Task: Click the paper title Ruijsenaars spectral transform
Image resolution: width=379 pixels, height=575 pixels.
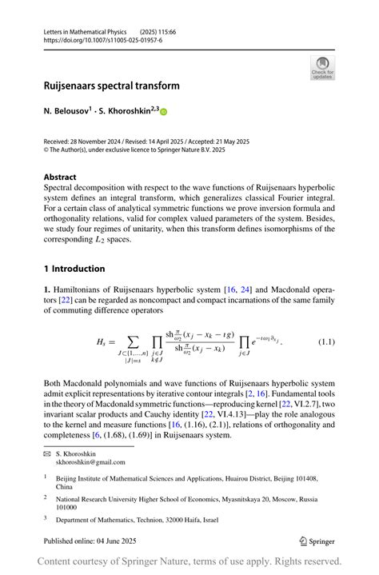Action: click(x=111, y=86)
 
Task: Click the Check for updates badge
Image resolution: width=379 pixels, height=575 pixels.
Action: click(x=322, y=68)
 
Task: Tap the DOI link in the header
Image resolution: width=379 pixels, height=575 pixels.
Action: click(x=102, y=40)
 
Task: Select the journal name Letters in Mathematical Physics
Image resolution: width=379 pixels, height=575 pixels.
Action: click(x=90, y=31)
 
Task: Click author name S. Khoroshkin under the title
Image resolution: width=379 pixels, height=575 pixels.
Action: click(x=128, y=112)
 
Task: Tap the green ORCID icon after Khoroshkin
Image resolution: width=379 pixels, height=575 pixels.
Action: click(x=165, y=113)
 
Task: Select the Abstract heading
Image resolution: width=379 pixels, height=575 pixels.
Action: click(x=60, y=177)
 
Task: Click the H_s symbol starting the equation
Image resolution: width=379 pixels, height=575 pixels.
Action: click(x=101, y=342)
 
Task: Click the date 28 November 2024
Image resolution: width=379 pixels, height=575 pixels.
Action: click(x=102, y=142)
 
